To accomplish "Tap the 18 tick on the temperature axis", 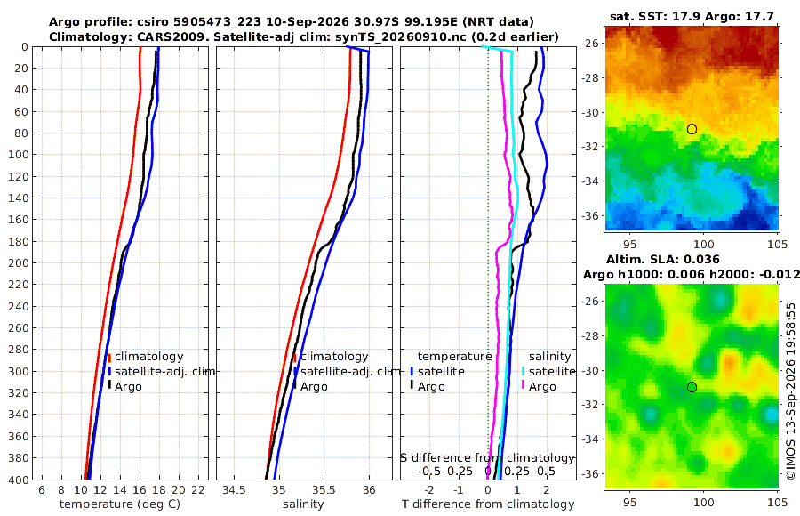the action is coord(159,490).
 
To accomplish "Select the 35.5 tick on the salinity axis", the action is coord(324,490).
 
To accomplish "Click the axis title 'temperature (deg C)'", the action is coord(120,504).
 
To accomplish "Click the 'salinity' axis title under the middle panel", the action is coord(303,504).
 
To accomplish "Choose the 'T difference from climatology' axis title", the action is coord(488,504).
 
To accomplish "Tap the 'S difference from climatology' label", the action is coord(488,458).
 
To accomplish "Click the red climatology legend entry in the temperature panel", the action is coord(146,357).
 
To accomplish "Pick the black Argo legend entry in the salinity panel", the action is coord(311,387).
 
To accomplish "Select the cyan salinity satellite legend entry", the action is coord(549,371).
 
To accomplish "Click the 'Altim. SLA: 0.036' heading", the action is coord(663,259).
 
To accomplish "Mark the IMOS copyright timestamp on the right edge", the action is coord(791,391).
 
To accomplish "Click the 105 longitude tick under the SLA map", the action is coord(777,502).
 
